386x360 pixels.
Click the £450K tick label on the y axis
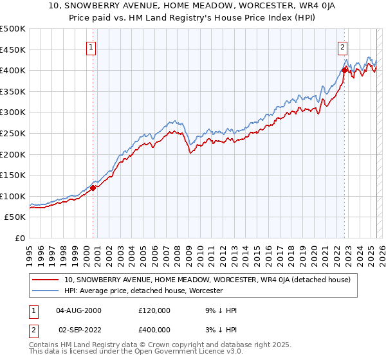[x=13, y=50]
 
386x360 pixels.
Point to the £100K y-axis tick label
[x=13, y=196]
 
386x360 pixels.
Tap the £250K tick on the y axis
[x=13, y=133]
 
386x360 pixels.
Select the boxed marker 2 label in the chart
[x=342, y=47]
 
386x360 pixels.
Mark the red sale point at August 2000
[x=93, y=188]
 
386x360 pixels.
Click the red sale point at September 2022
[x=345, y=70]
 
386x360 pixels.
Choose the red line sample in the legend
[x=46, y=280]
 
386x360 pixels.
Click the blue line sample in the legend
[x=46, y=291]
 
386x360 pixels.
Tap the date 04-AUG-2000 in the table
[x=78, y=310]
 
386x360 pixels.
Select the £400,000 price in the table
[x=154, y=330]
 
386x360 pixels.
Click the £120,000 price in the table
[x=154, y=310]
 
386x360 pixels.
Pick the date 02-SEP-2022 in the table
[x=78, y=330]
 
